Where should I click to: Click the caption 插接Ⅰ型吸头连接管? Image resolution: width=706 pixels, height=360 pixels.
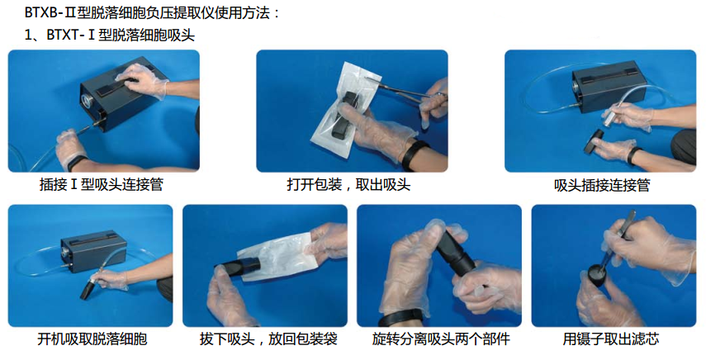pyautogui.click(x=102, y=184)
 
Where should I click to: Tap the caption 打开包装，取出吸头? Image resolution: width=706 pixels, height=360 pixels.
pyautogui.click(x=348, y=184)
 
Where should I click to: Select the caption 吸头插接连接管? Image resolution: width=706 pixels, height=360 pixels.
pyautogui.click(x=602, y=185)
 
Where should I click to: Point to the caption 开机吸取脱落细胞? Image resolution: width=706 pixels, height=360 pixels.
pyautogui.click(x=92, y=339)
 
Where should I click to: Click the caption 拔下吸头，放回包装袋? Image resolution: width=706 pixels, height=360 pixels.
pyautogui.click(x=268, y=339)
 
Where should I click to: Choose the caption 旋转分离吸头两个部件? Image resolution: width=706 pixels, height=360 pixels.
pyautogui.click(x=441, y=339)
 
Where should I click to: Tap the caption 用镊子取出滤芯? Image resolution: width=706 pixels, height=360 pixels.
pyautogui.click(x=611, y=339)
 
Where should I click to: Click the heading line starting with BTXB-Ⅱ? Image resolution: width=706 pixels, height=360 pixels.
pyautogui.click(x=152, y=12)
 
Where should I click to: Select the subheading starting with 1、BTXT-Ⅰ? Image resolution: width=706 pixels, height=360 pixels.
pyautogui.click(x=110, y=35)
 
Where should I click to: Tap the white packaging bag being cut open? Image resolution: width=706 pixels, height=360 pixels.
pyautogui.click(x=347, y=108)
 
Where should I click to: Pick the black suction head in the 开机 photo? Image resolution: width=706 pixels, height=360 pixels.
pyautogui.click(x=88, y=288)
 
